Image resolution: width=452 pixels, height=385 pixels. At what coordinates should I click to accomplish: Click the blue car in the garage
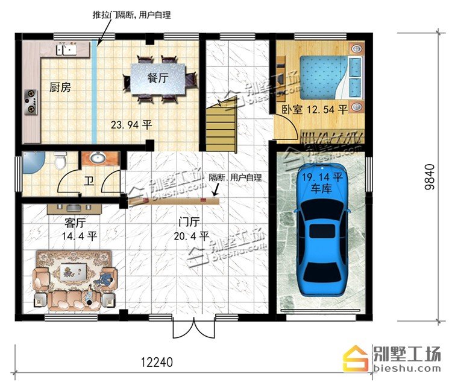[x=322, y=229]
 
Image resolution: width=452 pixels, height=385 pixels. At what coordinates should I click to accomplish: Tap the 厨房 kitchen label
[x=60, y=87]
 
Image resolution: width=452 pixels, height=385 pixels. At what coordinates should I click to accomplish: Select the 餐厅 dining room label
[x=158, y=78]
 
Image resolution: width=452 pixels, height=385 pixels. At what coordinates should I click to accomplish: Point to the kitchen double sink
[x=66, y=49]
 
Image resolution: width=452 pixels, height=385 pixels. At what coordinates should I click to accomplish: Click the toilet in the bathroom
[x=60, y=161]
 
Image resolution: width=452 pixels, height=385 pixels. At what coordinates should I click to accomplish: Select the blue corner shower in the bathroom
[x=33, y=162]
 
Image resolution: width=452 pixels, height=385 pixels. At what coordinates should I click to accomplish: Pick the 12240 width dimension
[x=157, y=362]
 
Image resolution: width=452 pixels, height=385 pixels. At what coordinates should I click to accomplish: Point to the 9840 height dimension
[x=429, y=177]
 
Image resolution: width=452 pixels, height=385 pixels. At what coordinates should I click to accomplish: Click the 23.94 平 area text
[x=131, y=125]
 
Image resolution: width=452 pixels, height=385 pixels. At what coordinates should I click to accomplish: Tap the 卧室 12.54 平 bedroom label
[x=315, y=110]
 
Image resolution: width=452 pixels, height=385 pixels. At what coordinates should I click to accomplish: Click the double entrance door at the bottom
[x=193, y=327]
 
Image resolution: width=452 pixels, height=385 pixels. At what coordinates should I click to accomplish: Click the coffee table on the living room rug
[x=71, y=272]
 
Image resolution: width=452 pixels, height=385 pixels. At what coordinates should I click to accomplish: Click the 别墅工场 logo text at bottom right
[x=407, y=353]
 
